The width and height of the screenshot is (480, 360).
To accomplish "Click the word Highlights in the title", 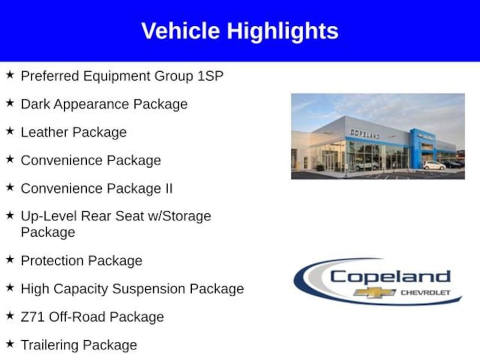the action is (283, 31).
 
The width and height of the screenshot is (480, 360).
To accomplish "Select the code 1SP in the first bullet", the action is (210, 76).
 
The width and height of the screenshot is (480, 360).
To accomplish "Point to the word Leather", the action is (44, 132).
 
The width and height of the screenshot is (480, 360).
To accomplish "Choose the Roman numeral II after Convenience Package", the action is (169, 188).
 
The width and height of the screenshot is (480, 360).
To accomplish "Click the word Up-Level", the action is (49, 217).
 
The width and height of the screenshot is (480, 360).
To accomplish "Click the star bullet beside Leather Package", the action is (10, 131).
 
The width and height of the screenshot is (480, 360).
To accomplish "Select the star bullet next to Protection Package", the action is (10, 260).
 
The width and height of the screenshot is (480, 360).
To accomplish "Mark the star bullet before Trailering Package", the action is (10, 344).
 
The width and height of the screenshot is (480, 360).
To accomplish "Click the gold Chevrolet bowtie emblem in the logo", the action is (375, 292).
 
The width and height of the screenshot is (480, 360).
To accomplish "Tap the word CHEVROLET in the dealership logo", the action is (426, 292).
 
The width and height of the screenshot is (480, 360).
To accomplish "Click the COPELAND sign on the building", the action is (365, 134).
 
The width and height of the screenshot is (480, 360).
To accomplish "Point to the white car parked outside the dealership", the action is (434, 165).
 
